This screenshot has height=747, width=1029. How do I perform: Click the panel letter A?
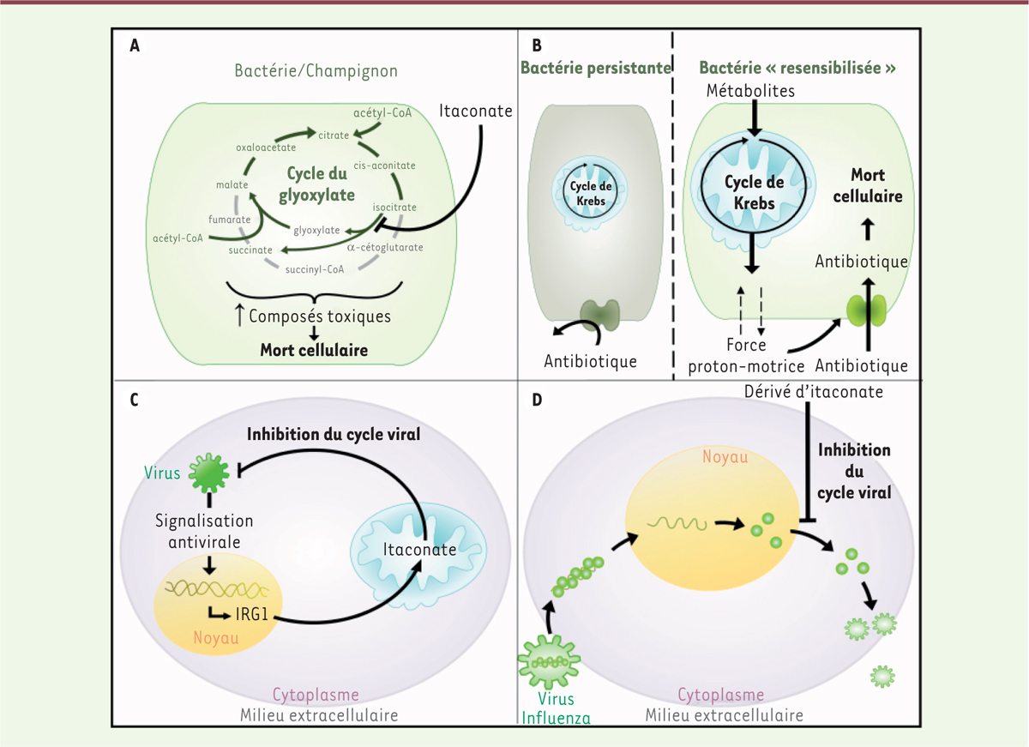pos(135,46)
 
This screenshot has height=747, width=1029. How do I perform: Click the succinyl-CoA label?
pos(315,268)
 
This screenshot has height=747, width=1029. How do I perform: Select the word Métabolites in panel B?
pos(752,90)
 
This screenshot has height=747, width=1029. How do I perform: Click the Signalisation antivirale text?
pos(207,530)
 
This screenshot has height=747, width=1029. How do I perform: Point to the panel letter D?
pos(538,401)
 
